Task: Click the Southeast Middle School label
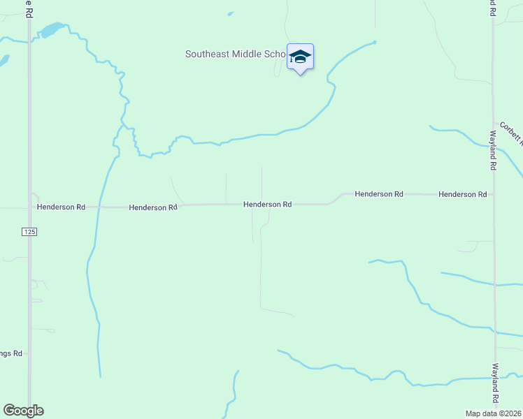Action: [235, 54]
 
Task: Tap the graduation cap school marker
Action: [300, 57]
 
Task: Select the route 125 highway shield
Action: [29, 232]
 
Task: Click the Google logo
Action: [23, 410]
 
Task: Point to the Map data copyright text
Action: [494, 413]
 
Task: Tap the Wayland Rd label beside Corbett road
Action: [493, 150]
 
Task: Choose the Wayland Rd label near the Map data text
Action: [494, 383]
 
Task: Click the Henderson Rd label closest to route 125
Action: [61, 207]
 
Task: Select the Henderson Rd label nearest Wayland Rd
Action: [462, 194]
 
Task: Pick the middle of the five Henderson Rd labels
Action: [267, 205]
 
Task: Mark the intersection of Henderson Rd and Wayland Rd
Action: [494, 194]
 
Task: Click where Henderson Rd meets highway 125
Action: [29, 207]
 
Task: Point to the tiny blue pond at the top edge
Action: [231, 13]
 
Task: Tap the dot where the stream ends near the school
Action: [375, 42]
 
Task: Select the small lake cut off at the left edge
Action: [3, 61]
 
